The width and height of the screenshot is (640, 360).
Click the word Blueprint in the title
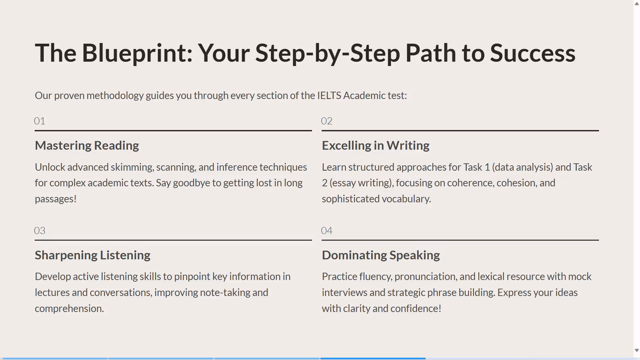(x=137, y=53)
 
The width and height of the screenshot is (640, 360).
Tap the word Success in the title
(x=533, y=53)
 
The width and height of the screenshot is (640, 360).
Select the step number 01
(x=40, y=121)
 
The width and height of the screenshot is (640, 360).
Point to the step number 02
(x=327, y=121)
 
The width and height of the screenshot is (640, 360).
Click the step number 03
(x=40, y=231)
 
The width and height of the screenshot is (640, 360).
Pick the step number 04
(x=327, y=231)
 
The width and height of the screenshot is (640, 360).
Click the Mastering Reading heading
(x=87, y=146)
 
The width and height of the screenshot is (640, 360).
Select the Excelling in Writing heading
(x=376, y=146)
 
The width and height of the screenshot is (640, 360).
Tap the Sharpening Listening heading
(x=93, y=255)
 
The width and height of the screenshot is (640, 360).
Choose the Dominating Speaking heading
(x=381, y=255)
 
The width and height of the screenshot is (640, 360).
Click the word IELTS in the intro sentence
(x=329, y=96)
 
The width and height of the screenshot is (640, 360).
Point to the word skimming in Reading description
(x=132, y=167)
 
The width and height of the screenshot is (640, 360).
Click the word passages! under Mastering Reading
(x=56, y=199)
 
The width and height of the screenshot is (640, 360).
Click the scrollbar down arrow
(x=637, y=350)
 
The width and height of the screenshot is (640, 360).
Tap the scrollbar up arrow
(x=637, y=4)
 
